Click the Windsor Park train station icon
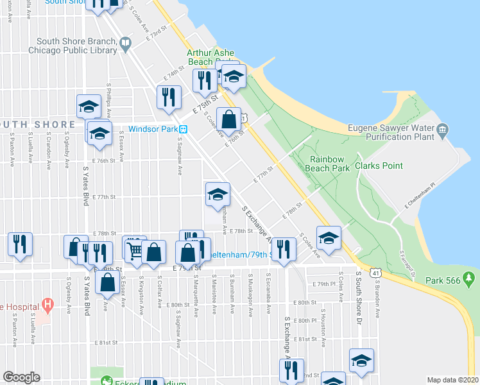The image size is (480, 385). pos(183,128)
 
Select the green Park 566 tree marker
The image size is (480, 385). pos(469,279)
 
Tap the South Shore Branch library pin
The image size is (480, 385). pos(125,44)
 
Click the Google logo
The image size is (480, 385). pos(21,377)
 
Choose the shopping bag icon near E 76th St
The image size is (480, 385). pos(229,119)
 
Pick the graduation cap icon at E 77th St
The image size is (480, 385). pos(218,193)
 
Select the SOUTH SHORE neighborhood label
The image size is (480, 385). pos(39,124)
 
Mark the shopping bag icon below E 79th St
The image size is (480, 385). pos(108,281)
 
